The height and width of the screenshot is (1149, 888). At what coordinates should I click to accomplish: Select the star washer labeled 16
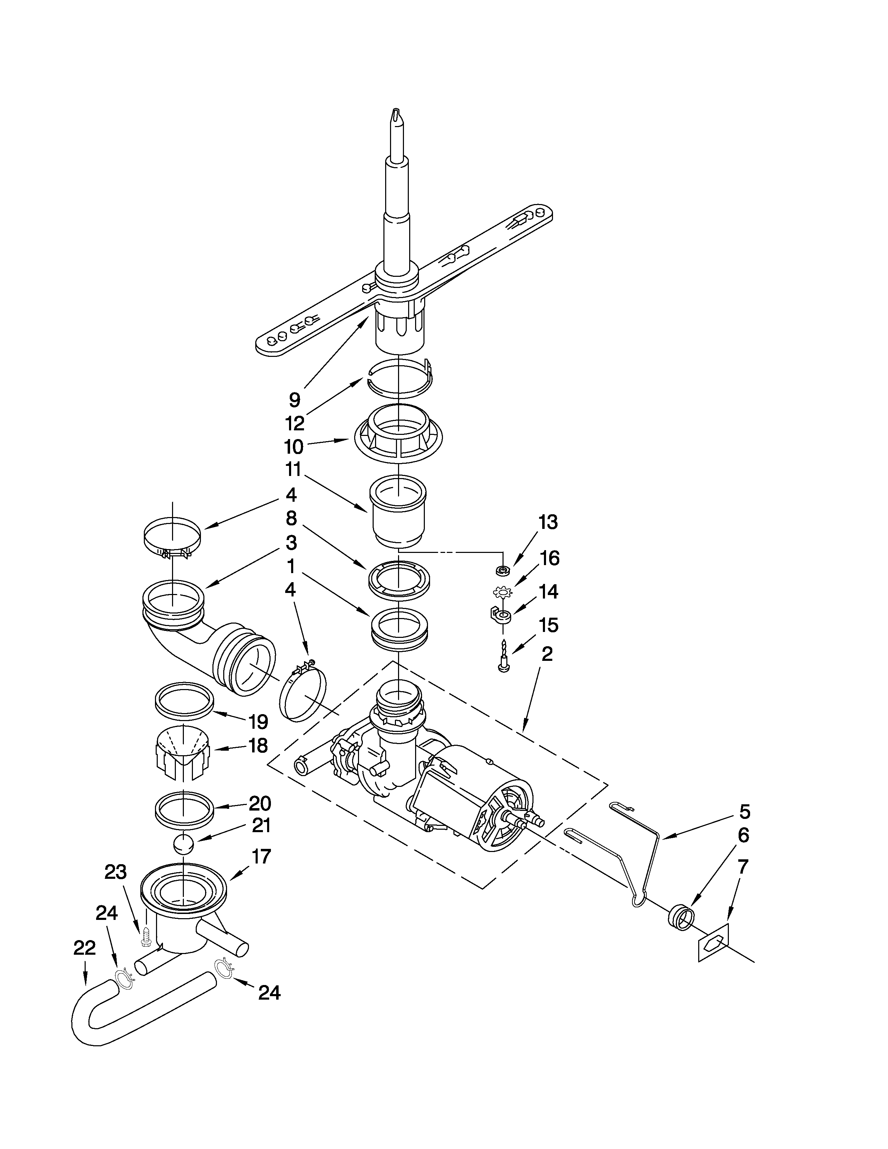point(503,593)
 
